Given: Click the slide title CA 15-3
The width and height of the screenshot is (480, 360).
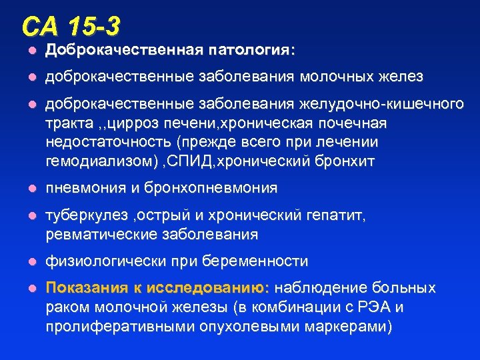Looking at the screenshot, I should click(x=71, y=26).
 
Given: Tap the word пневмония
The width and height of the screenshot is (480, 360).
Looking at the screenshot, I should click(x=85, y=189).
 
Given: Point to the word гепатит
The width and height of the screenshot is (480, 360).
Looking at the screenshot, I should click(x=339, y=217).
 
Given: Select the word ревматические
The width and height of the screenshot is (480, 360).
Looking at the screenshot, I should click(x=99, y=235).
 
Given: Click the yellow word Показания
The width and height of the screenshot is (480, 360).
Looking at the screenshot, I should click(x=86, y=288).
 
